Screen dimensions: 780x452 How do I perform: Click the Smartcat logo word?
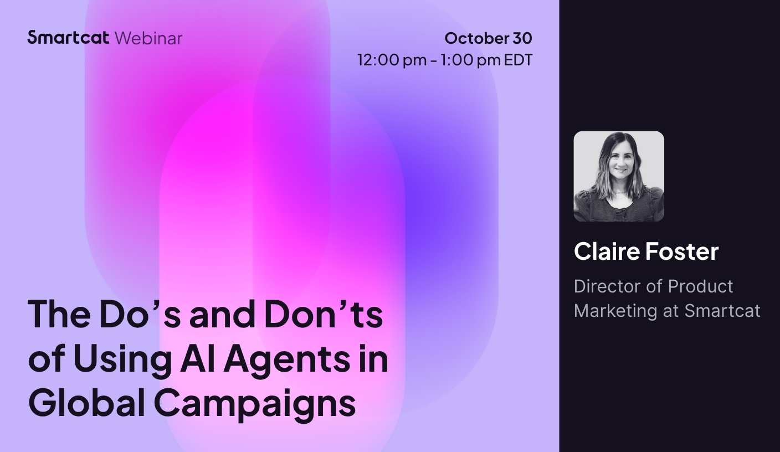coord(68,38)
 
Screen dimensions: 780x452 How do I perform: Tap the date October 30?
coord(488,38)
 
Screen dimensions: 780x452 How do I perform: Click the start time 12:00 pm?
coord(392,60)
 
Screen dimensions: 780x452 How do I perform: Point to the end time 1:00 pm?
coord(470,60)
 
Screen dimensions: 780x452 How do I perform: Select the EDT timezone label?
coord(518,60)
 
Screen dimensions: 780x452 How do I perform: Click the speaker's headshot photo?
coord(619,176)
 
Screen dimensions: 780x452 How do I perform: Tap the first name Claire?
coord(607,251)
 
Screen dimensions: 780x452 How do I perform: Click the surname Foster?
coord(682,251)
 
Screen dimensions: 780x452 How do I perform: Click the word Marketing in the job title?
coord(615,311)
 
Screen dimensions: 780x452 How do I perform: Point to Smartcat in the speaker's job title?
coord(722,311)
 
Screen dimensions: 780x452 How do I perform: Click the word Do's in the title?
coord(140,314)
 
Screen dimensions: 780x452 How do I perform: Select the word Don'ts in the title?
coord(324,314)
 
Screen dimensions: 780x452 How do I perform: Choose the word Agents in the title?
coord(286,360)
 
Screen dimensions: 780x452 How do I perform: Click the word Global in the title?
coord(87,403)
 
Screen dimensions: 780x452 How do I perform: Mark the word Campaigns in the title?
coord(254,405)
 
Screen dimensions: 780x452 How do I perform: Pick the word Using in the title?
coord(122,360)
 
